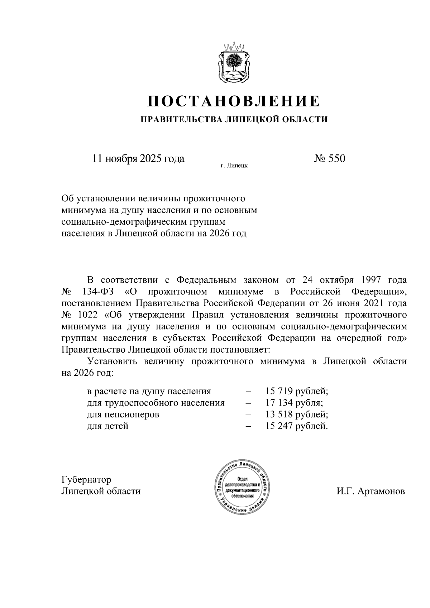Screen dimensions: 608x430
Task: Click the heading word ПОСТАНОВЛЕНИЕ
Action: coord(234,101)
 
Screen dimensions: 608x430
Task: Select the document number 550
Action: coord(329,158)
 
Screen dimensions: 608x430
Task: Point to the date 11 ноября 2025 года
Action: coord(138,158)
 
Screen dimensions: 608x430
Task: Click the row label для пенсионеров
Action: coord(123,415)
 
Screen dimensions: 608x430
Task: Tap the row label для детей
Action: coord(107,426)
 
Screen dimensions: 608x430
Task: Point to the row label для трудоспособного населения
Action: coord(156,403)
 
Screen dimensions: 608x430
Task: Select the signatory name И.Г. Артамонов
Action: coord(371,491)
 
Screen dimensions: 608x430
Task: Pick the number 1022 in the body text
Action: coord(87,315)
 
